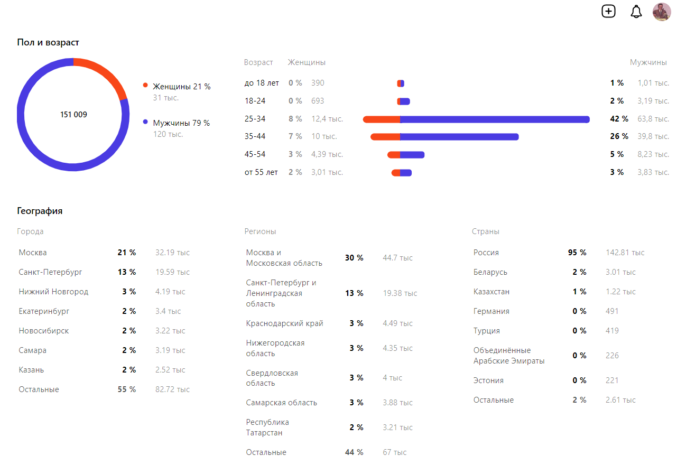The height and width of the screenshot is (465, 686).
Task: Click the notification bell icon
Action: click(636, 12)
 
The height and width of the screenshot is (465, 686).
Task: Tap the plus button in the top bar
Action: click(609, 11)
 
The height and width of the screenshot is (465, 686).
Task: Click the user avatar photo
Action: click(662, 12)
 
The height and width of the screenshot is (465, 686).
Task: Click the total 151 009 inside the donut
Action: click(73, 115)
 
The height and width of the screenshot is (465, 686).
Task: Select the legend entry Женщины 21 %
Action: click(181, 86)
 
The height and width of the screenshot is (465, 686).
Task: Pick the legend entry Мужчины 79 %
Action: click(181, 123)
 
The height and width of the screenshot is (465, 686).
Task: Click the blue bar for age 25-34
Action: click(494, 119)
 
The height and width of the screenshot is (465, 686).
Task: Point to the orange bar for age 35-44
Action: click(385, 137)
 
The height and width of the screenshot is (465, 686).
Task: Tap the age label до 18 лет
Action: click(262, 83)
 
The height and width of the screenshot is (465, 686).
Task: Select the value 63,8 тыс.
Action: click(653, 119)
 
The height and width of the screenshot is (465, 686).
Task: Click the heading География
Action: click(40, 211)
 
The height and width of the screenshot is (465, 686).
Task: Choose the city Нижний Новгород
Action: click(53, 292)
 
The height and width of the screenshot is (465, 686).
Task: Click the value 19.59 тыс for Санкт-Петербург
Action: click(172, 272)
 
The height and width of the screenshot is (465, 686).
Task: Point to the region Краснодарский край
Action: click(284, 323)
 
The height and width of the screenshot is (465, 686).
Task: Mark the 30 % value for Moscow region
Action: click(354, 258)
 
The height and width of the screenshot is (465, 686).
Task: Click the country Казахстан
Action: click(491, 292)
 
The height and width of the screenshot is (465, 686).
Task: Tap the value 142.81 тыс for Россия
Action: click(625, 253)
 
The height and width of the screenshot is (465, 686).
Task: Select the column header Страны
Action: click(485, 231)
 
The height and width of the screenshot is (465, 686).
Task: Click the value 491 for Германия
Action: click(612, 311)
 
